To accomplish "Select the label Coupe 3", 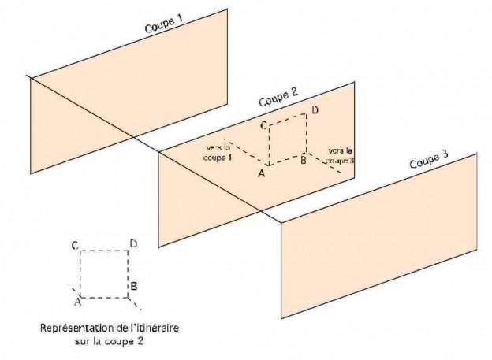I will [x=429, y=161].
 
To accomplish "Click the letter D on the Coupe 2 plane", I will [x=315, y=110].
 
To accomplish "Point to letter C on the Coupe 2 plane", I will [x=265, y=125].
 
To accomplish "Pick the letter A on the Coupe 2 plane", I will [x=261, y=175].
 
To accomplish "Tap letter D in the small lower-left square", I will [x=133, y=244].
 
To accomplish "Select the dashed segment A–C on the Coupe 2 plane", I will [x=270, y=147].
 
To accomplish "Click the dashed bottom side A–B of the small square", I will [x=103, y=298].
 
